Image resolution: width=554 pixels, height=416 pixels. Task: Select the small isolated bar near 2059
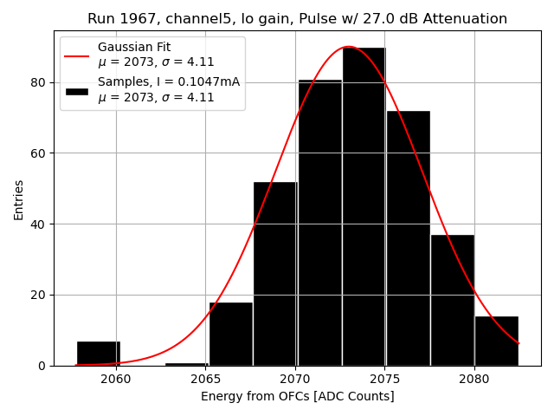(x=99, y=354)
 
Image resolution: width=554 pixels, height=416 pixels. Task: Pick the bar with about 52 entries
(x=275, y=274)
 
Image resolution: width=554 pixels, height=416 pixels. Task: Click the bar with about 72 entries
(x=408, y=238)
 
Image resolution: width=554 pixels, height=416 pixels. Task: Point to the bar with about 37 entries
(x=452, y=300)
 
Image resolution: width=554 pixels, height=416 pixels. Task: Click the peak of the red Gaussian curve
(x=348, y=47)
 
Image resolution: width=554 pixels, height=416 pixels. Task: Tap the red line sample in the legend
(x=76, y=55)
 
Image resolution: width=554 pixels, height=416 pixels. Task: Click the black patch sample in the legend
(x=76, y=90)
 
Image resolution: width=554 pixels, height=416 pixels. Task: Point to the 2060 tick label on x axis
(x=116, y=380)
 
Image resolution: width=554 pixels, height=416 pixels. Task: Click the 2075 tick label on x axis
(x=384, y=380)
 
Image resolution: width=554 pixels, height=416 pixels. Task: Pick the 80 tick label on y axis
(x=39, y=83)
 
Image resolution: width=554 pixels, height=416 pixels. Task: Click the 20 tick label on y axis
(x=39, y=295)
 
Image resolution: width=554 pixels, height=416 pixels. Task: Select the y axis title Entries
(x=19, y=200)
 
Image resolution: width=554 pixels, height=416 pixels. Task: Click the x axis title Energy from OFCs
(x=297, y=397)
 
